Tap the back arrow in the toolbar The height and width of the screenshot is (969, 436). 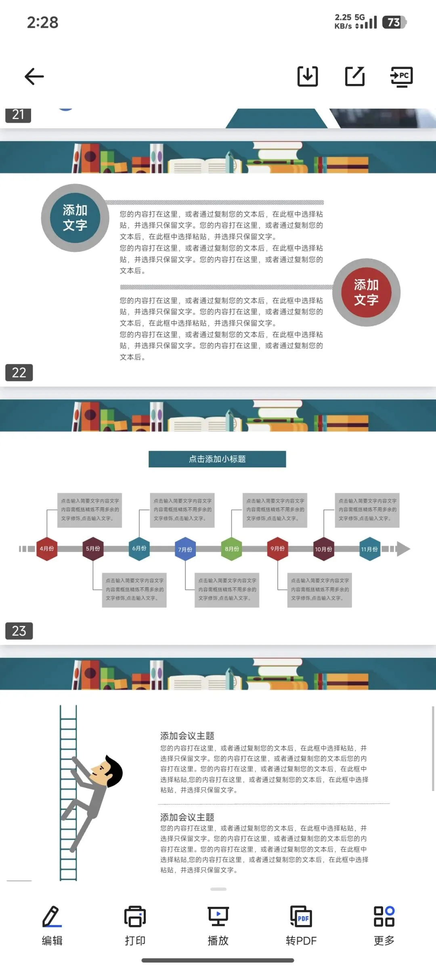tap(34, 76)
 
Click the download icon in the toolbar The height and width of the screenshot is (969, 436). tap(308, 76)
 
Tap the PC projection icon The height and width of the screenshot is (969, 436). tap(402, 76)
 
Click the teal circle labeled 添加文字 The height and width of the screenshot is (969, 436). tap(75, 218)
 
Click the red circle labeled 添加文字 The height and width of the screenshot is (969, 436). tap(366, 293)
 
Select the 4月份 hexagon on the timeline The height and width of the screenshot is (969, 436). tap(47, 549)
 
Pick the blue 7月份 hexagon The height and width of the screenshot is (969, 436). tap(185, 549)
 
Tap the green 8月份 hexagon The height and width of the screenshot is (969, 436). tap(232, 549)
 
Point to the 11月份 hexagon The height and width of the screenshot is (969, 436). tap(369, 549)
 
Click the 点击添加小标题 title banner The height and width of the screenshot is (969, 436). tap(217, 459)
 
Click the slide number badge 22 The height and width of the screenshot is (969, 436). tap(19, 373)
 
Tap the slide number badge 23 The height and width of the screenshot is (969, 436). tap(19, 631)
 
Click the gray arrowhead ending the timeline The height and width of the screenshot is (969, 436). tap(403, 549)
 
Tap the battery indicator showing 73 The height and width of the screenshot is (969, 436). tap(394, 22)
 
